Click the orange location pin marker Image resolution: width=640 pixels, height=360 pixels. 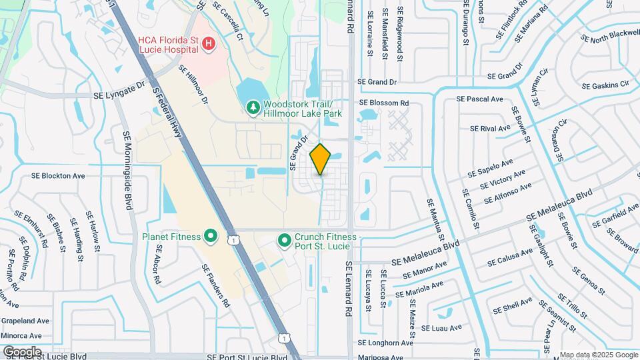[x=321, y=159]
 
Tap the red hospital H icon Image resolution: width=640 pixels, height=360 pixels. [x=209, y=44]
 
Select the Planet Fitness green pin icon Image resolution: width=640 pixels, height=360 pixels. [x=211, y=235]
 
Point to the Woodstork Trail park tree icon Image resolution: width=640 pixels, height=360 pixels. [x=253, y=107]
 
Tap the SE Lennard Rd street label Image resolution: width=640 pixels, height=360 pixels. [x=348, y=287]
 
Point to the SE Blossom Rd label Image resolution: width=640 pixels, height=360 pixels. [x=383, y=103]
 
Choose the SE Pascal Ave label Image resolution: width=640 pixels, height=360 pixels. [x=479, y=99]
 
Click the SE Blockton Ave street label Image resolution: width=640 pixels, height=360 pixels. [x=59, y=176]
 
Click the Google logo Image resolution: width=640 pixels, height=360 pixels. [x=22, y=351]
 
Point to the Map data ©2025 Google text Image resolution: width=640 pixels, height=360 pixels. [x=598, y=355]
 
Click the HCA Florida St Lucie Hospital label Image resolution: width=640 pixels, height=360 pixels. [x=167, y=44]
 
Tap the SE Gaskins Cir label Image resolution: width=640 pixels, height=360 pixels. [x=605, y=85]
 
